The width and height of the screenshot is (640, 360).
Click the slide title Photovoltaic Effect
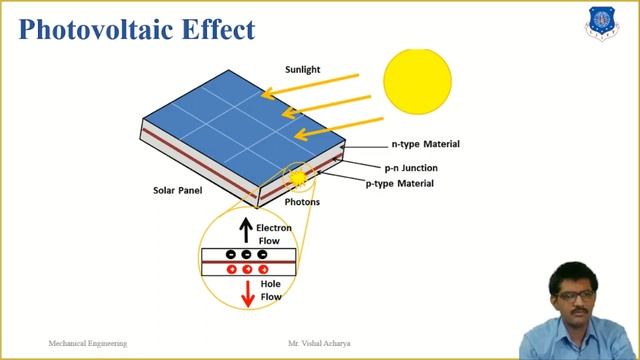(136, 29)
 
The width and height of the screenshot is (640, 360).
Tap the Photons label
(302, 202)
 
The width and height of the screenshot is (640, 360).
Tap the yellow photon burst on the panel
(297, 178)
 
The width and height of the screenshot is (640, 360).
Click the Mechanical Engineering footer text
(88, 343)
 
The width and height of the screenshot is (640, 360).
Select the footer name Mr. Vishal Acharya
(318, 343)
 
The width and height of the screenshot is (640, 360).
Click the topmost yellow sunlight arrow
(311, 85)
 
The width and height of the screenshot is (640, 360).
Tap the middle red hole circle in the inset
(247, 269)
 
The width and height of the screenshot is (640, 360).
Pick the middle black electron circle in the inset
(246, 254)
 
